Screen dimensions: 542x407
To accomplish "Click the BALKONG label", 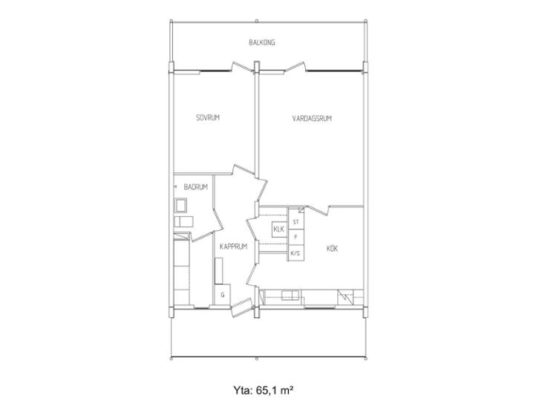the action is click(261, 43).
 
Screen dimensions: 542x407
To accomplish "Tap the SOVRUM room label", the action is click(208, 117).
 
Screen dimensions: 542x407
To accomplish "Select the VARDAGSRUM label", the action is click(312, 119).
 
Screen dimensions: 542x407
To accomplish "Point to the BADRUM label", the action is click(196, 187).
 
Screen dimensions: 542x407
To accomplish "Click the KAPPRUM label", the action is click(234, 247).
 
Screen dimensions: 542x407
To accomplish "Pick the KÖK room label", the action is click(332, 248).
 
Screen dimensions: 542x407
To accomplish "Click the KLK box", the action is click(279, 229).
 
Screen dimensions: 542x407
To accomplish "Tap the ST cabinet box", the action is click(296, 221).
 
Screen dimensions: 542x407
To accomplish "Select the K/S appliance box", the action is click(296, 253).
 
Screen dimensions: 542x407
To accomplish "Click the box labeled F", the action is click(296, 237).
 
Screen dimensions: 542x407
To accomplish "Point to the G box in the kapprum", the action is click(223, 295).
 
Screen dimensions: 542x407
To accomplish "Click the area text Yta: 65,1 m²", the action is click(264, 391).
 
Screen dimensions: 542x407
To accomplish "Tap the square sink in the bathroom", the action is click(180, 206).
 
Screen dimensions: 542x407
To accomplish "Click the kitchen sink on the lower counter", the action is click(290, 296).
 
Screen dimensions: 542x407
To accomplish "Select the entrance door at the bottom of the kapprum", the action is click(241, 307).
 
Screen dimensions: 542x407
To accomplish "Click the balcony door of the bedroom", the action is click(242, 67).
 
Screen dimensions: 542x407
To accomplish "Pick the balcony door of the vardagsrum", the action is click(295, 67).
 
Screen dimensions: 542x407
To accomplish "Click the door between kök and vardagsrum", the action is click(317, 209).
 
